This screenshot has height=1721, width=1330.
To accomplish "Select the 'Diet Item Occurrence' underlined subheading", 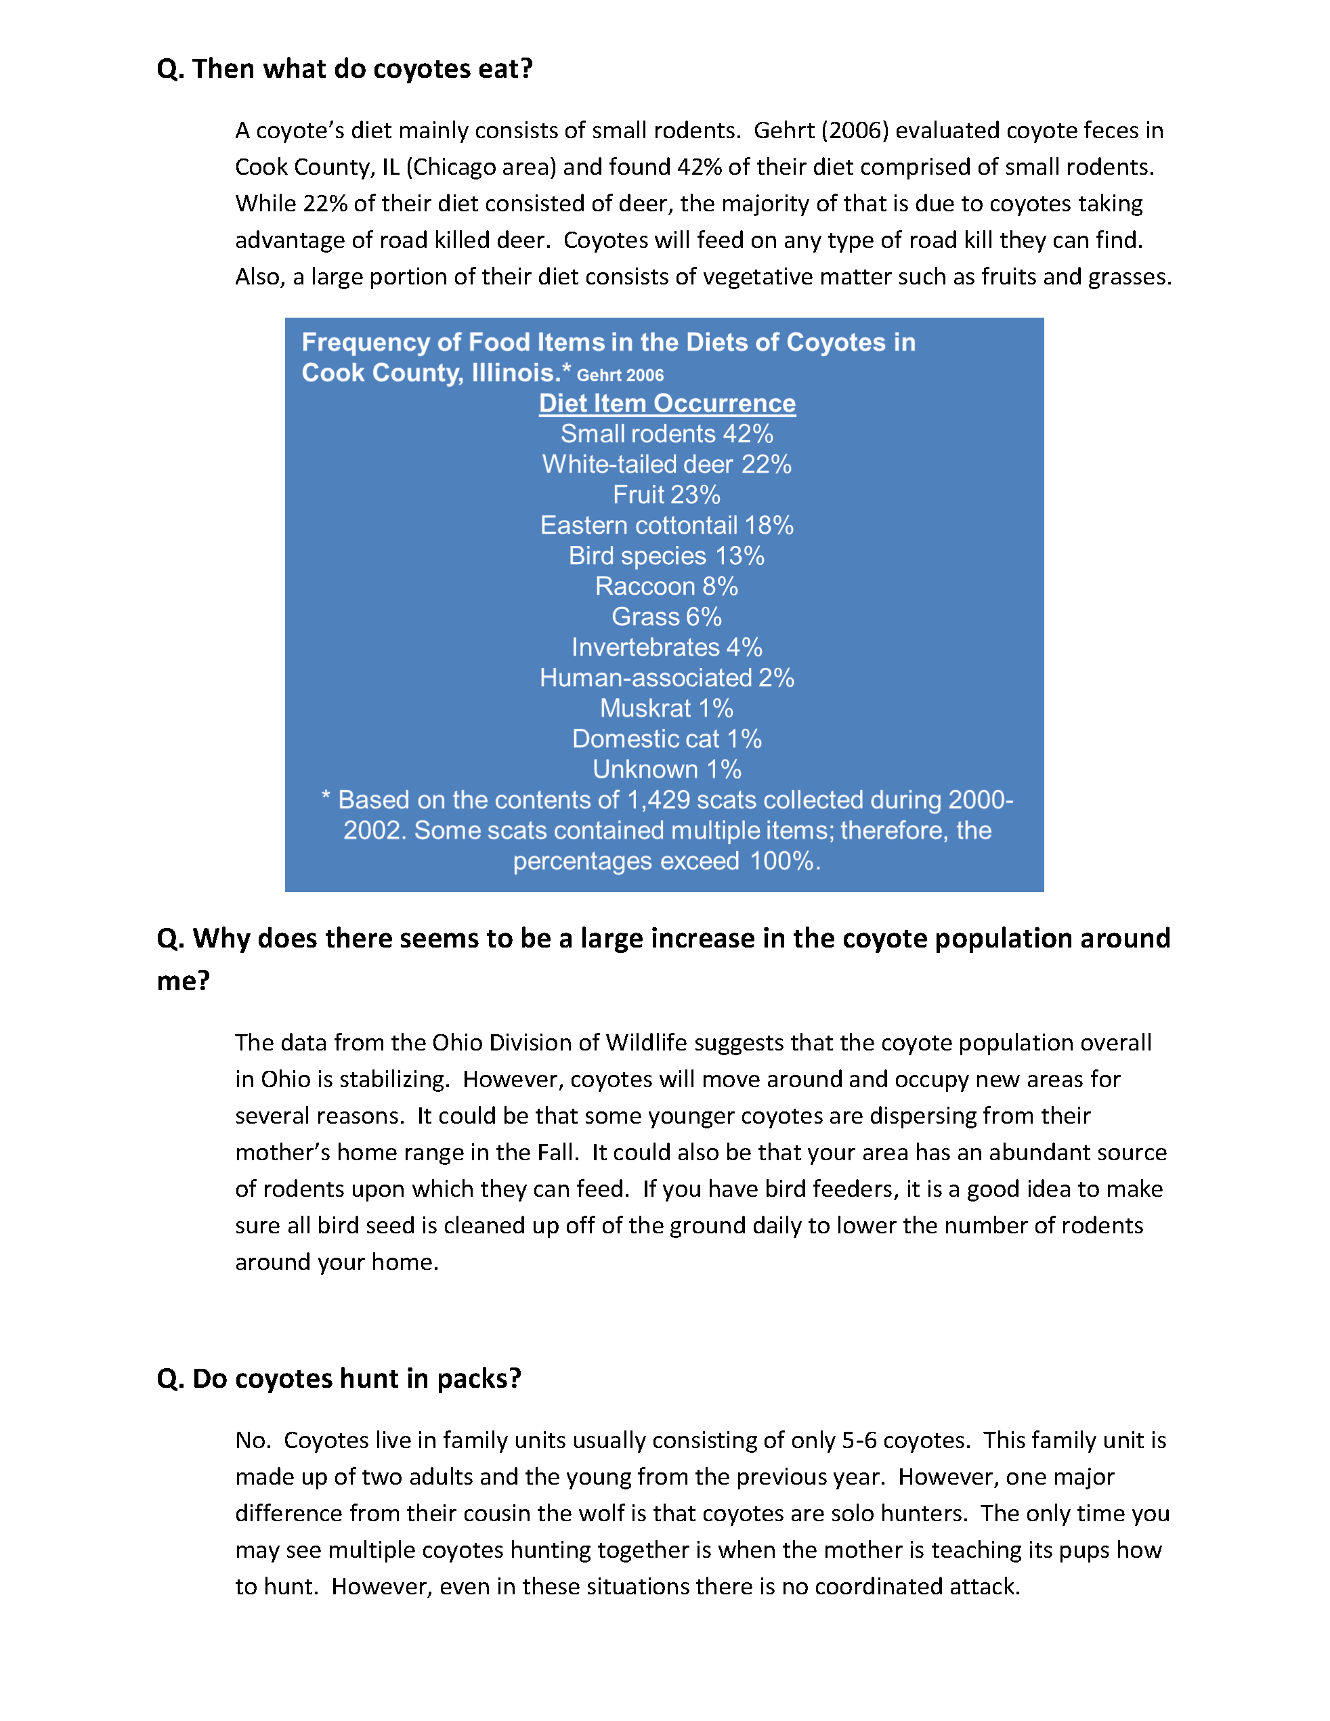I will click(666, 404).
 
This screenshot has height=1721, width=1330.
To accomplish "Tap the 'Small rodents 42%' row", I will click(666, 434).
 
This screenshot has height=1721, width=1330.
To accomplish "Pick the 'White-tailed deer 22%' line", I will click(666, 465).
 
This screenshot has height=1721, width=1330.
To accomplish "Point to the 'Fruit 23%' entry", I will click(666, 495).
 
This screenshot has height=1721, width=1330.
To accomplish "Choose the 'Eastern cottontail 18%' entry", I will click(666, 526).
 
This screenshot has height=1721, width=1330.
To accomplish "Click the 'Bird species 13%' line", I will click(666, 556).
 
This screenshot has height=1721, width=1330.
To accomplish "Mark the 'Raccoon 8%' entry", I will click(666, 587).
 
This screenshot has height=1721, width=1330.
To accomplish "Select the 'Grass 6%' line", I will click(666, 617).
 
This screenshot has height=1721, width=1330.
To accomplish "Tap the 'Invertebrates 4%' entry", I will click(666, 647).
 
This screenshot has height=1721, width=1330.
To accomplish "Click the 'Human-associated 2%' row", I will click(666, 678).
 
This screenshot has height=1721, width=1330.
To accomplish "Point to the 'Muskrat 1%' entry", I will click(666, 708).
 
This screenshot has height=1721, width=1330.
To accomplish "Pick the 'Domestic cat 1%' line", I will click(666, 739).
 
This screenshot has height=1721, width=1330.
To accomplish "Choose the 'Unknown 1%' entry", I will click(666, 769).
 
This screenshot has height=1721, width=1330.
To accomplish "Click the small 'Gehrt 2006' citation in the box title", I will click(620, 376).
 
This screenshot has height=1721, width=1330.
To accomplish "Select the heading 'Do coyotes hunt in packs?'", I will click(339, 1379).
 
